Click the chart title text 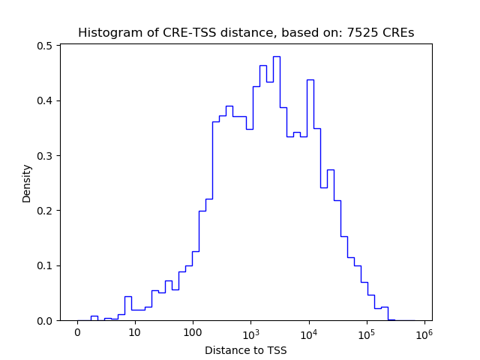(x=246, y=33)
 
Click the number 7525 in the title (x=364, y=33)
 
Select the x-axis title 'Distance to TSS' (x=246, y=349)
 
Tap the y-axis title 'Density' (x=27, y=183)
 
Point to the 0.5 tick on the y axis (x=46, y=46)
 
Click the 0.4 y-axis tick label (x=46, y=100)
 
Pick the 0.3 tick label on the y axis (x=46, y=156)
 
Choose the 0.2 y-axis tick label (x=46, y=211)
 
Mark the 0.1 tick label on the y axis (x=46, y=265)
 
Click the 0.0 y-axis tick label (x=46, y=321)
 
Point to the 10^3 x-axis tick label (x=251, y=332)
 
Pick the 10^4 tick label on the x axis (x=309, y=332)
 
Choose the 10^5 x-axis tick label (x=367, y=332)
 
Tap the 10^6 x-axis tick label (x=424, y=332)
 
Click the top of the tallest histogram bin (x=276, y=56)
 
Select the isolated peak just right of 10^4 (x=310, y=79)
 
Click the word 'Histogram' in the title (x=106, y=33)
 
